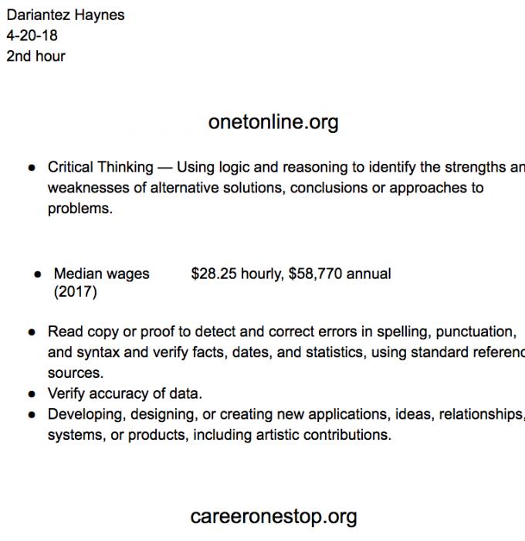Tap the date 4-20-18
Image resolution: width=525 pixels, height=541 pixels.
(x=32, y=36)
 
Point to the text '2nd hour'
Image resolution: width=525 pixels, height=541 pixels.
(x=36, y=56)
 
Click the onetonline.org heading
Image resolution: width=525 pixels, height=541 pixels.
(x=273, y=122)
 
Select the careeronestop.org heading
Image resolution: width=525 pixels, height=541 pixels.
(x=273, y=515)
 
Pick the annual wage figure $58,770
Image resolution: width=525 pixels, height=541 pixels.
(x=315, y=274)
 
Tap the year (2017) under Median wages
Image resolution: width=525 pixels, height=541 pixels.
(x=76, y=292)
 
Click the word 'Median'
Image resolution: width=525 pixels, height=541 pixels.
(x=76, y=274)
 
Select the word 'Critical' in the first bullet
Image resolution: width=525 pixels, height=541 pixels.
(x=70, y=167)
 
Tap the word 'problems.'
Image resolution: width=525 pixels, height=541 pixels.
(x=80, y=209)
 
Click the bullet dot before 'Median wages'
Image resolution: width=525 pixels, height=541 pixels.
(x=37, y=274)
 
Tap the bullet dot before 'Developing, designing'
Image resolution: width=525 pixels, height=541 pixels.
(x=32, y=415)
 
